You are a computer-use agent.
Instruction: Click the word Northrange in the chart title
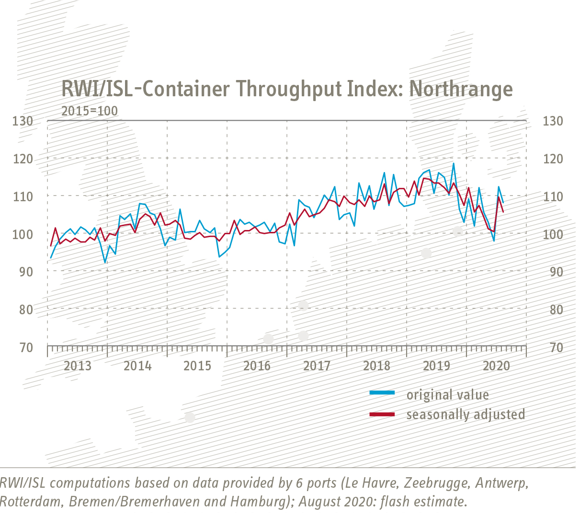coord(461,89)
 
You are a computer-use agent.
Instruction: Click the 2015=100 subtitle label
coord(90,111)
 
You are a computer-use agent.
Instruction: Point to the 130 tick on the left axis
coord(23,121)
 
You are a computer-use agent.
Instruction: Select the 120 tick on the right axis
coord(553,159)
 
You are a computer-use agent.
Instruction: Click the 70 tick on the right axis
coord(556,347)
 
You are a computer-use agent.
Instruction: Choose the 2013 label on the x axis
coord(78,366)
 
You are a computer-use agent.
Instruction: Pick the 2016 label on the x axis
coord(257,366)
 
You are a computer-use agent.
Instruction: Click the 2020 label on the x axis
coord(496,366)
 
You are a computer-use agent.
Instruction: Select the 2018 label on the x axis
coord(377,366)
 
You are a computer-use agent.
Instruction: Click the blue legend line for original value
coord(382,393)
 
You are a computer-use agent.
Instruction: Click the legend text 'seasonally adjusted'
coord(466,414)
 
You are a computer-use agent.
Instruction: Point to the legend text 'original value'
coord(447,394)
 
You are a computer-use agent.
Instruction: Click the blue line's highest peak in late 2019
coord(453,164)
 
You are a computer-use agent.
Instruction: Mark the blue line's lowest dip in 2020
coord(494,241)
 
